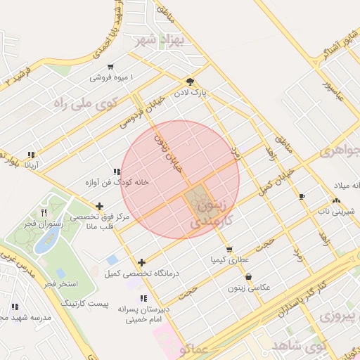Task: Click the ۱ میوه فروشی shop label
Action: point(111,77)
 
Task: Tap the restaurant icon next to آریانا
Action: point(31,155)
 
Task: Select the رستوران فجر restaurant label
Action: point(44,224)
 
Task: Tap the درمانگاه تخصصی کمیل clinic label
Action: point(141,273)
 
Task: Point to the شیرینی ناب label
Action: point(334,210)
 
